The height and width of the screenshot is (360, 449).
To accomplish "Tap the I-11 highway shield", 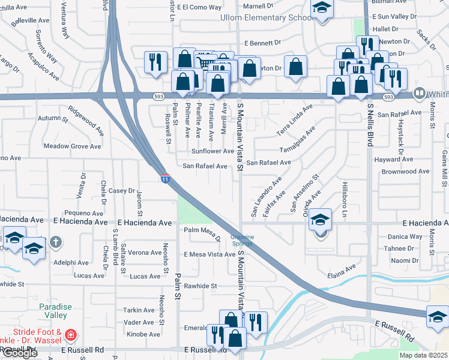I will click(164, 179).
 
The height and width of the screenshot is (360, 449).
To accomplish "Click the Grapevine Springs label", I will click(243, 240).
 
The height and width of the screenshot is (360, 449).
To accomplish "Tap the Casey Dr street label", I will click(122, 190).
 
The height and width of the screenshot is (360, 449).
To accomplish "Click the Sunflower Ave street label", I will click(212, 151).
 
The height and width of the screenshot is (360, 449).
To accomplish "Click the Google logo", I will click(20, 353).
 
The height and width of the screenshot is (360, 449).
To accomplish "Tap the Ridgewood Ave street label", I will click(86, 118).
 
